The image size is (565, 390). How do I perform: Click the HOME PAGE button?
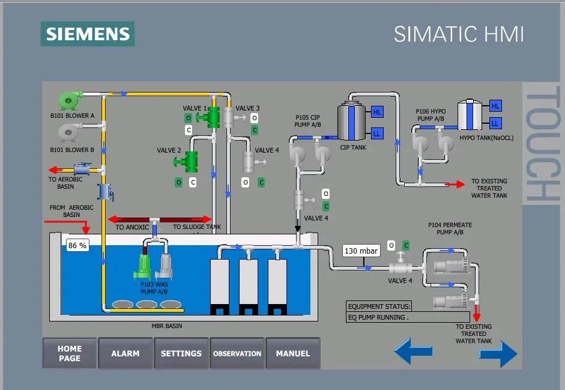click(x=70, y=353)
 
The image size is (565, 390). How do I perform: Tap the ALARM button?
click(x=125, y=353)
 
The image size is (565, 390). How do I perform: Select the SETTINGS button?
click(x=181, y=353)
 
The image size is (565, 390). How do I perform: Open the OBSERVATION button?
click(x=237, y=353)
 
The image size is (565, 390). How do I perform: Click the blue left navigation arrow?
click(x=413, y=351)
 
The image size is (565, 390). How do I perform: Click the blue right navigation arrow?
click(x=498, y=354)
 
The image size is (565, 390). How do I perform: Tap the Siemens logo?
click(x=88, y=34)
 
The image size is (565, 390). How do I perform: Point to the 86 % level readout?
click(x=77, y=245)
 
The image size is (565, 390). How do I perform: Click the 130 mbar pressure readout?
click(x=361, y=251)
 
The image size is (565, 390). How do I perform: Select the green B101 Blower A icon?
click(x=70, y=100)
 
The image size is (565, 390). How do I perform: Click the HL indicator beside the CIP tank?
click(x=377, y=112)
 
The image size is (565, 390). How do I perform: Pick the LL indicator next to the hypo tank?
click(x=495, y=123)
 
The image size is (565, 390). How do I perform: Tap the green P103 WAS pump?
click(x=145, y=266)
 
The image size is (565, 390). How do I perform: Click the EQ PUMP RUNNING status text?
click(x=378, y=317)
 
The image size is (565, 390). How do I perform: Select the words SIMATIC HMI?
click(x=459, y=34)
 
